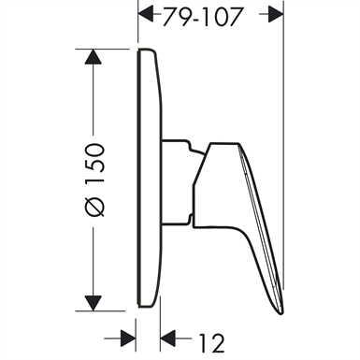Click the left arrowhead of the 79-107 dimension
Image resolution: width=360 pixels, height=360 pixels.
point(146,13)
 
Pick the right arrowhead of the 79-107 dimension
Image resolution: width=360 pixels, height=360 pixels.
point(274,13)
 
